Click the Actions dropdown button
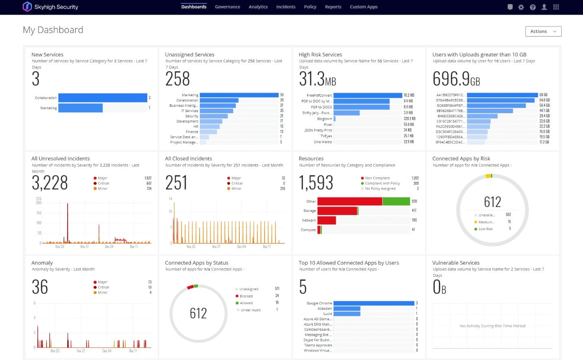coord(543,31)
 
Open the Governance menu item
coord(227,7)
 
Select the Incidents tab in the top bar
coord(286,7)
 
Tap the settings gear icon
coord(521,7)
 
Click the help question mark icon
coord(532,7)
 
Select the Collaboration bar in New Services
coord(103,98)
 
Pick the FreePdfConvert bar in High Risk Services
coord(368,95)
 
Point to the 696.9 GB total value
coord(456,79)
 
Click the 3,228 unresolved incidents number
coord(49,183)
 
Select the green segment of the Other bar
coord(396,201)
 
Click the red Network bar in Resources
coord(327,220)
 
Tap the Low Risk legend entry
coord(485,229)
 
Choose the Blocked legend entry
coord(246,296)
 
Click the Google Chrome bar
coord(374,303)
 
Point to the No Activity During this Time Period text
coord(492,326)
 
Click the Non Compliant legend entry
coord(377,178)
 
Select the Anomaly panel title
coord(42,263)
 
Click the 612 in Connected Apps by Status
coord(198,313)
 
